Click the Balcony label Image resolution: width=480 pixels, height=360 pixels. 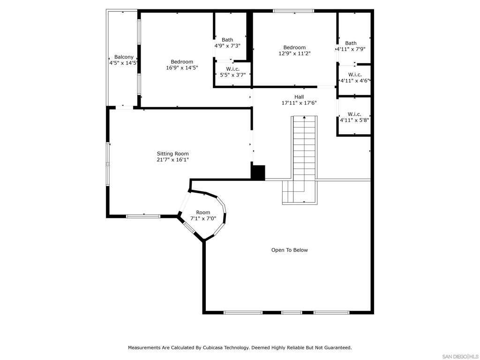coord(124,57)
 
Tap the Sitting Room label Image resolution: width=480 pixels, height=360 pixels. coord(172,154)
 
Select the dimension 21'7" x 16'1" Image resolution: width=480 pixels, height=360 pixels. coord(172,159)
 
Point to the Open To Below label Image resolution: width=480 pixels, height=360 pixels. coord(290,250)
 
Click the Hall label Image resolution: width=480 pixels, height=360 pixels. coord(299,97)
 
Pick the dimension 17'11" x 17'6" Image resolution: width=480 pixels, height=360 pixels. coord(299,103)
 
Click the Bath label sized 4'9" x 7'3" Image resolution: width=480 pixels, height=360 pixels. coord(227,40)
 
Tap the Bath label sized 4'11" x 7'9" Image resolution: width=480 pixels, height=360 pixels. coord(351,43)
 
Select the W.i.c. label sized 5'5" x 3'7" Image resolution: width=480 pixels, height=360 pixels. coord(233,69)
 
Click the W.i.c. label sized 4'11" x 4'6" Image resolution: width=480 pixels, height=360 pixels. coord(355,75)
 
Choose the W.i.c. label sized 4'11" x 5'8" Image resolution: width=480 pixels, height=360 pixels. coord(354,114)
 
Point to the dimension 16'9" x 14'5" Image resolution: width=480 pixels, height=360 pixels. coord(182,67)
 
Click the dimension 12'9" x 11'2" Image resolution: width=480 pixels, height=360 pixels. coord(294,53)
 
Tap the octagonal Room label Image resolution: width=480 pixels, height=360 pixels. coord(203,212)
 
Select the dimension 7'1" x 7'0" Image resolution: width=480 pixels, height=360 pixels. coord(203,218)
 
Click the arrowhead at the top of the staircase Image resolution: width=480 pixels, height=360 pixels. coord(304,117)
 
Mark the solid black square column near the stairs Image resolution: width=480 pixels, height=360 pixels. coord(258,172)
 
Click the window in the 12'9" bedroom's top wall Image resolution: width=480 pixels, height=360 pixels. coord(293,11)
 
